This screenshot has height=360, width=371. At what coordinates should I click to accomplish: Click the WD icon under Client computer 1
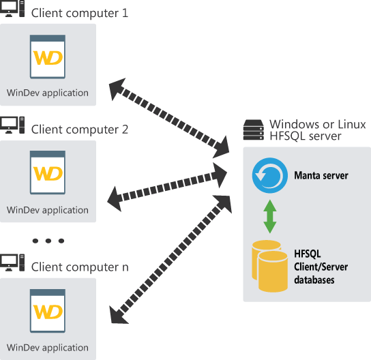[x=48, y=57]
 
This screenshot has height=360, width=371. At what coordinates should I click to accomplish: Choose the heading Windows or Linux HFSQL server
[x=317, y=130]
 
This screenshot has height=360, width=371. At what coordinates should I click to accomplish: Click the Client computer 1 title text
[x=79, y=13]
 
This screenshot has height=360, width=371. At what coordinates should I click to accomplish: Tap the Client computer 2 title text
[x=79, y=129]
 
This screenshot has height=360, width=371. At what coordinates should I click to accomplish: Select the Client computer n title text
[x=79, y=267]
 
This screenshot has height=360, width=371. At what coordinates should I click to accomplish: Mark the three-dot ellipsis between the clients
[x=48, y=241]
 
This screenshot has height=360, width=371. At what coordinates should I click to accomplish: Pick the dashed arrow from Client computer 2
[x=167, y=186]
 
